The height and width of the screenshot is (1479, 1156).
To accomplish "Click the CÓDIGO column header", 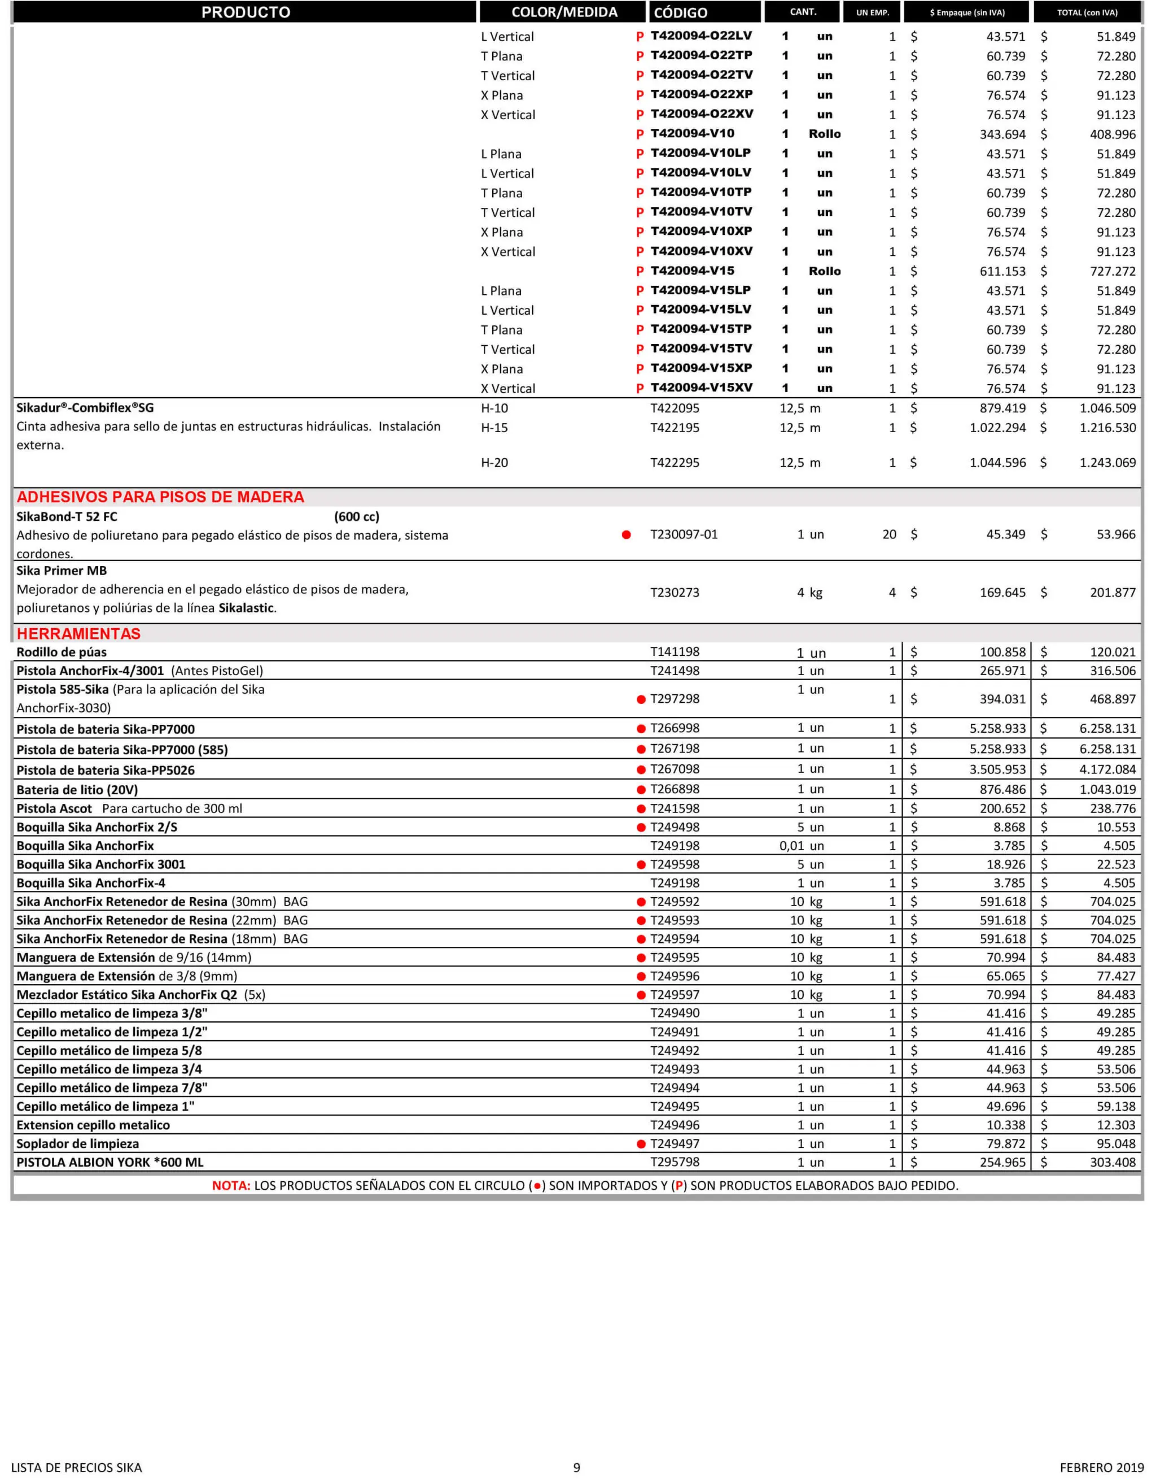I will [680, 12].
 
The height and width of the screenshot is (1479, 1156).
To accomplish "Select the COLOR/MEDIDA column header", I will [564, 12].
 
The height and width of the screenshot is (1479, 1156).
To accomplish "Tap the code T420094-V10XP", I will [700, 232].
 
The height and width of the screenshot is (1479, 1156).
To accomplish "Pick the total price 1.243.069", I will [1107, 463].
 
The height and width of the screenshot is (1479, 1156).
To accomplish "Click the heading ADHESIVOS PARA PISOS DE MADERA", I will [160, 497].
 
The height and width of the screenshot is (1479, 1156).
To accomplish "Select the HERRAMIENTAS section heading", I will [78, 634].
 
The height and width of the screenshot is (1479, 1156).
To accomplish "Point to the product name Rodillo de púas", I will [62, 652].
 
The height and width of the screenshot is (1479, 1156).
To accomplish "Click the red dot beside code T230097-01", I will [626, 535].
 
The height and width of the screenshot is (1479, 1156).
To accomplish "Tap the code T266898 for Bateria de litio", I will [675, 789].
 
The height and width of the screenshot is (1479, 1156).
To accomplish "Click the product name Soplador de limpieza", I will [78, 1144].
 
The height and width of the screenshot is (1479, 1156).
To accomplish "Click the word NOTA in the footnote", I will [231, 1186].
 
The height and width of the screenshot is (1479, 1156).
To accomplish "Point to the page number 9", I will [577, 1468].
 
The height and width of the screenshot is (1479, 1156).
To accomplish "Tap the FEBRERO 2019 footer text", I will [1097, 1468].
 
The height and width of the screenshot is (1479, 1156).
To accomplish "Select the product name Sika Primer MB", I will [62, 571].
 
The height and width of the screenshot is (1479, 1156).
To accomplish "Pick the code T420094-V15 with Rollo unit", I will [693, 271].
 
